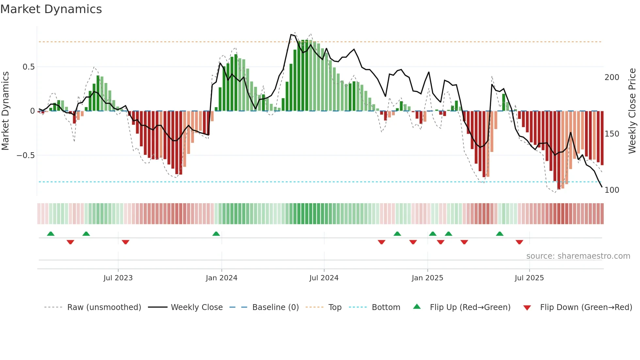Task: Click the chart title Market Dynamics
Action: point(51,9)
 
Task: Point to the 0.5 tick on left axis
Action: point(28,67)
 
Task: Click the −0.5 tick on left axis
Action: point(25,155)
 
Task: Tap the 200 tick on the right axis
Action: point(612,77)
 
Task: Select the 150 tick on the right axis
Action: point(612,134)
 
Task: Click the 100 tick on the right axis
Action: point(612,190)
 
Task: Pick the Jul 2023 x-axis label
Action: point(118,278)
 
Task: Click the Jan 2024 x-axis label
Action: point(221,278)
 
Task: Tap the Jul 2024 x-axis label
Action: point(324,278)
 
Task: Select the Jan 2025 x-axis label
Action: point(427,278)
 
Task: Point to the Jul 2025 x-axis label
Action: point(529,278)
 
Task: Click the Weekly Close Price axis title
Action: point(632,111)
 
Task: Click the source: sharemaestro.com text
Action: point(578,256)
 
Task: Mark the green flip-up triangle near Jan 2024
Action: point(216,234)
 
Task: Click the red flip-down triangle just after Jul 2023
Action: point(125,242)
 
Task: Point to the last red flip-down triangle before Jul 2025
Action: point(519,242)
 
